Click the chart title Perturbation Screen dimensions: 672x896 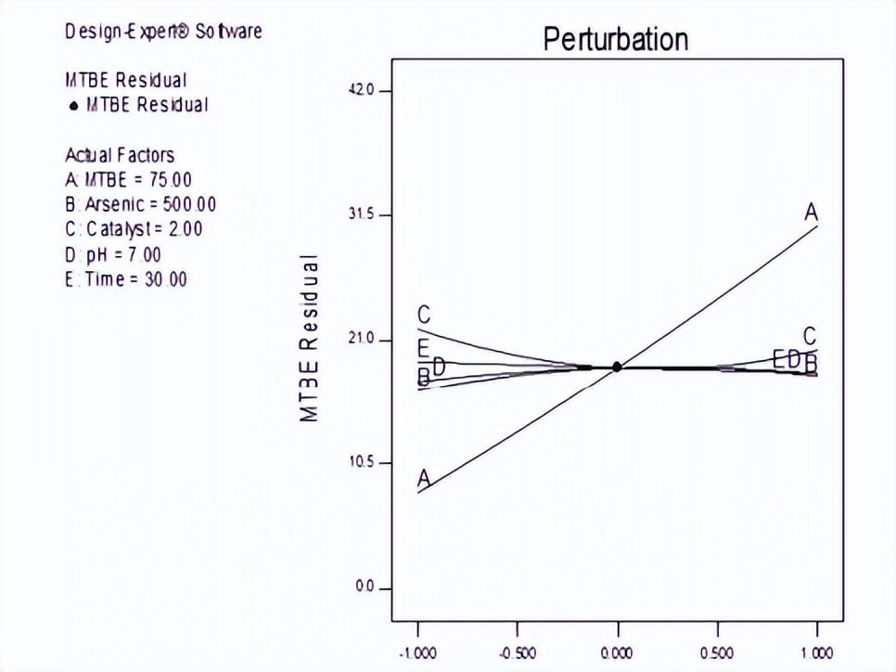tap(615, 39)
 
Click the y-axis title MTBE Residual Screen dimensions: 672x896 tap(310, 338)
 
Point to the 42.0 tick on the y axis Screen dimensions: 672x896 tap(361, 91)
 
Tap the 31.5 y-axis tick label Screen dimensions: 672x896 tap(361, 215)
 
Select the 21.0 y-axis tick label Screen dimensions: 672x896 tap(361, 340)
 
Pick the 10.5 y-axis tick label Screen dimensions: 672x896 tap(361, 463)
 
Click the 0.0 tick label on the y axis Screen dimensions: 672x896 tap(365, 588)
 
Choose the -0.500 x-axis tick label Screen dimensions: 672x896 tap(517, 653)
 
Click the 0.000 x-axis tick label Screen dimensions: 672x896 tap(618, 653)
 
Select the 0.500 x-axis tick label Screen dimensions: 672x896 tap(718, 653)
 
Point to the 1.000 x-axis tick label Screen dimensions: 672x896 tap(817, 653)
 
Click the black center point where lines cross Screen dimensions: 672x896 tap(617, 367)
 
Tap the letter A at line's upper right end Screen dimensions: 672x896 tap(811, 213)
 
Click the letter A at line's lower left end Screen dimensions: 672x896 tap(424, 478)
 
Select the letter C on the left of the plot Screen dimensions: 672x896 tap(424, 316)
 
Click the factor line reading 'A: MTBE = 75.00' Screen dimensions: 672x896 tap(129, 179)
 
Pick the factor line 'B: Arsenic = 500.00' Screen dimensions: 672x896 tap(141, 204)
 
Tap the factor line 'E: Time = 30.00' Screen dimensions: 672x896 tap(126, 279)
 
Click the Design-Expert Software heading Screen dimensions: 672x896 tap(163, 32)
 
